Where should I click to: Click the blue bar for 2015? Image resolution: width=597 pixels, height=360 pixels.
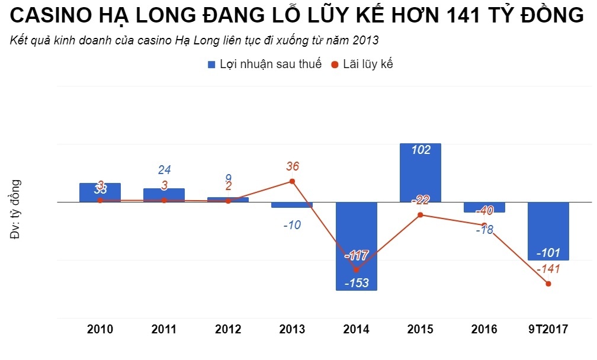[x=420, y=172]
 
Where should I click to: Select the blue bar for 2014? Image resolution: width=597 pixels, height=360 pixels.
[x=356, y=246]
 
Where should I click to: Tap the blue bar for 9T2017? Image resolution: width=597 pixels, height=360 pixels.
[x=548, y=231]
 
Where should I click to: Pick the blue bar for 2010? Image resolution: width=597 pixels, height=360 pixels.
[x=100, y=192]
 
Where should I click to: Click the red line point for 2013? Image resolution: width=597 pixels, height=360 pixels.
[x=292, y=181]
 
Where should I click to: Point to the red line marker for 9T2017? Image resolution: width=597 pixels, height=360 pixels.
[x=548, y=284]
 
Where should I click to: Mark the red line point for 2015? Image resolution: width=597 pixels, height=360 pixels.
[x=420, y=215]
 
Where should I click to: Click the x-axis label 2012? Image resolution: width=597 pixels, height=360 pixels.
[x=228, y=330]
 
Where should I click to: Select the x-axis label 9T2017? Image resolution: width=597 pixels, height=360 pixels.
[x=548, y=330]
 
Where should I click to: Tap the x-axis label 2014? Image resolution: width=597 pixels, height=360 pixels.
[x=356, y=330]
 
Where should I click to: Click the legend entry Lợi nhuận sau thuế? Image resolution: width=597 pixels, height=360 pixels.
[x=264, y=65]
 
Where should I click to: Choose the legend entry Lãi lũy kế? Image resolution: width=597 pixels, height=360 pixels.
[x=362, y=65]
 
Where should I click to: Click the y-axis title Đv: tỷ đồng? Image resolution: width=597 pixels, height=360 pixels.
[x=16, y=209]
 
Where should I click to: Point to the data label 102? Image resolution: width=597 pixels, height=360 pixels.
[x=420, y=150]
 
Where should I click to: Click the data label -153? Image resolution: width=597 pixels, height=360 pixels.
[x=356, y=283]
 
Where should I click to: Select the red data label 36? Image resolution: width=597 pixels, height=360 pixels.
[x=292, y=167]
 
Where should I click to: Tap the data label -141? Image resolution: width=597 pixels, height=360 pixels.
[x=548, y=269]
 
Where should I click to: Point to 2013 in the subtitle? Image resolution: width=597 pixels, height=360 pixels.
[x=366, y=41]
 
